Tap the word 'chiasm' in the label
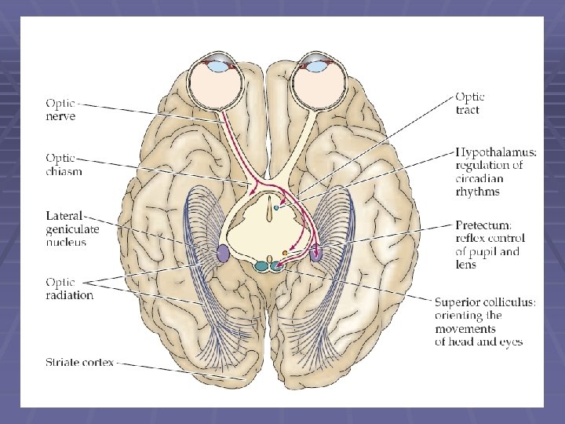(63, 171)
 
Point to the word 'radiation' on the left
(69, 296)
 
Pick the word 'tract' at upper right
(468, 111)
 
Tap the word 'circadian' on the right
(479, 178)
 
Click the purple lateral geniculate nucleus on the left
(223, 253)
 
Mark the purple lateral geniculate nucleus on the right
(316, 253)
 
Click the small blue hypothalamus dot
(276, 207)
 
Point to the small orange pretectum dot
(285, 252)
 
